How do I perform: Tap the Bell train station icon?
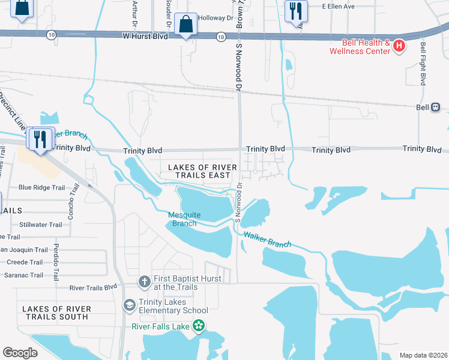[x=435, y=107]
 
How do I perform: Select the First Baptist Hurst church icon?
[x=144, y=281]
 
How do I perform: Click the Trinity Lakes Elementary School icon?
[x=129, y=305]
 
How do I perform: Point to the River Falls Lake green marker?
[x=199, y=326]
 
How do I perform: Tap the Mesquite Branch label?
[x=184, y=219]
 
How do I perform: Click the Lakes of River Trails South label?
[x=56, y=313]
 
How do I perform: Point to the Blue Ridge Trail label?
[x=41, y=187]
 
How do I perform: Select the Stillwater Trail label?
[x=40, y=225]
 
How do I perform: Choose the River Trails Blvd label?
[x=93, y=287]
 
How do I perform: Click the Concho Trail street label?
[x=75, y=197]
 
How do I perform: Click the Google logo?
[x=20, y=353]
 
